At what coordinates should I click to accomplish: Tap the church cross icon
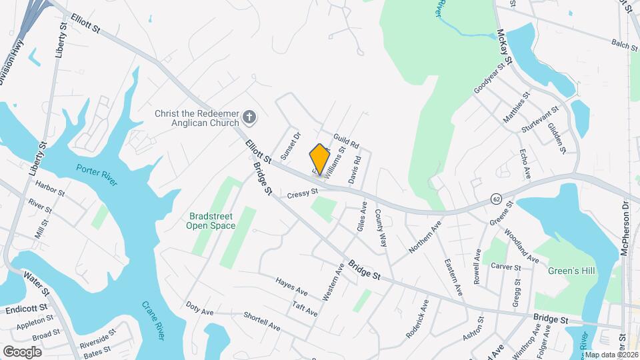coord(249,118)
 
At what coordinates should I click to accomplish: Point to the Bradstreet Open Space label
coord(211,221)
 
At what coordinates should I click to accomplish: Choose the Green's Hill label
coord(571,271)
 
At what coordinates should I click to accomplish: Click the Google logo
coord(22,351)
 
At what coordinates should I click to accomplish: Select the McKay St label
coord(505,51)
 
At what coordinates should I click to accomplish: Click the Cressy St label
coord(301,193)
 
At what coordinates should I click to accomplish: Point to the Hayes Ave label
coord(291,287)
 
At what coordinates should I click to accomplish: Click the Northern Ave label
coord(425,237)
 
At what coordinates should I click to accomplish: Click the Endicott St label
coord(26,310)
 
